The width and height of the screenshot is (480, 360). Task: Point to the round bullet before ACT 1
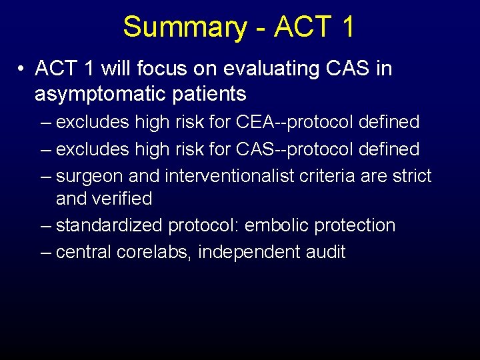(x=22, y=69)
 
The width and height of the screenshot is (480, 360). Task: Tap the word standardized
(x=109, y=226)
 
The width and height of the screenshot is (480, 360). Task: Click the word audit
(x=326, y=253)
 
